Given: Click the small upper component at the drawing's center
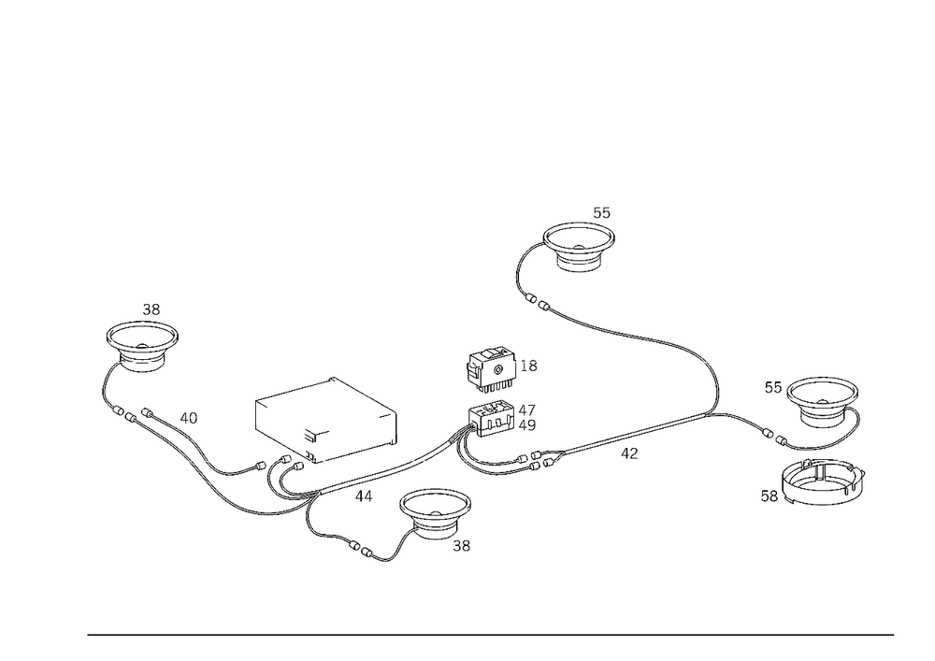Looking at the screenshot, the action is tap(490, 368).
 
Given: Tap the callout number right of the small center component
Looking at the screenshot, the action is tap(534, 366).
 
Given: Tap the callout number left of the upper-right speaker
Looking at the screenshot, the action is tap(772, 384).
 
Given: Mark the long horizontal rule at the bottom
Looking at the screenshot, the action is tap(491, 634).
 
